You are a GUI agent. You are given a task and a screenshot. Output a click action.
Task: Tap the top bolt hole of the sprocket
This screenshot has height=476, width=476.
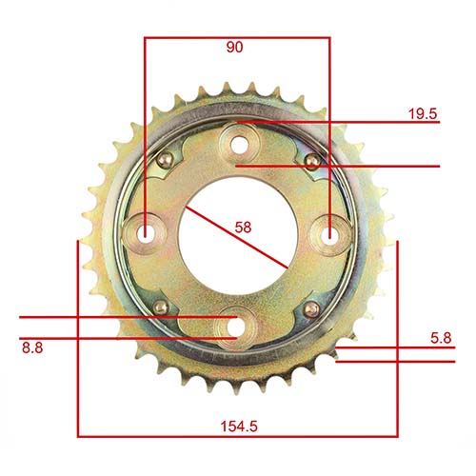pyautogui.click(x=238, y=144)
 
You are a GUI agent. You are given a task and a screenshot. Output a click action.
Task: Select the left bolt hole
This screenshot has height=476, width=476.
pyautogui.click(x=146, y=231)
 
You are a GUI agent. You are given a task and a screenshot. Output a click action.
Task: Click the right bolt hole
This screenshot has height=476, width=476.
pyautogui.click(x=329, y=231)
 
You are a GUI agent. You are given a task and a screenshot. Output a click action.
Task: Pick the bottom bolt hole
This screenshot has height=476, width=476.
pyautogui.click(x=232, y=324)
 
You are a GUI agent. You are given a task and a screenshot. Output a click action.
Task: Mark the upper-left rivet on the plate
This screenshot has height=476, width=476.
pyautogui.click(x=166, y=159)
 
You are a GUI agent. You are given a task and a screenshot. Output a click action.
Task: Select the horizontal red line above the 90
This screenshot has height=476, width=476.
pyautogui.click(x=236, y=38)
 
